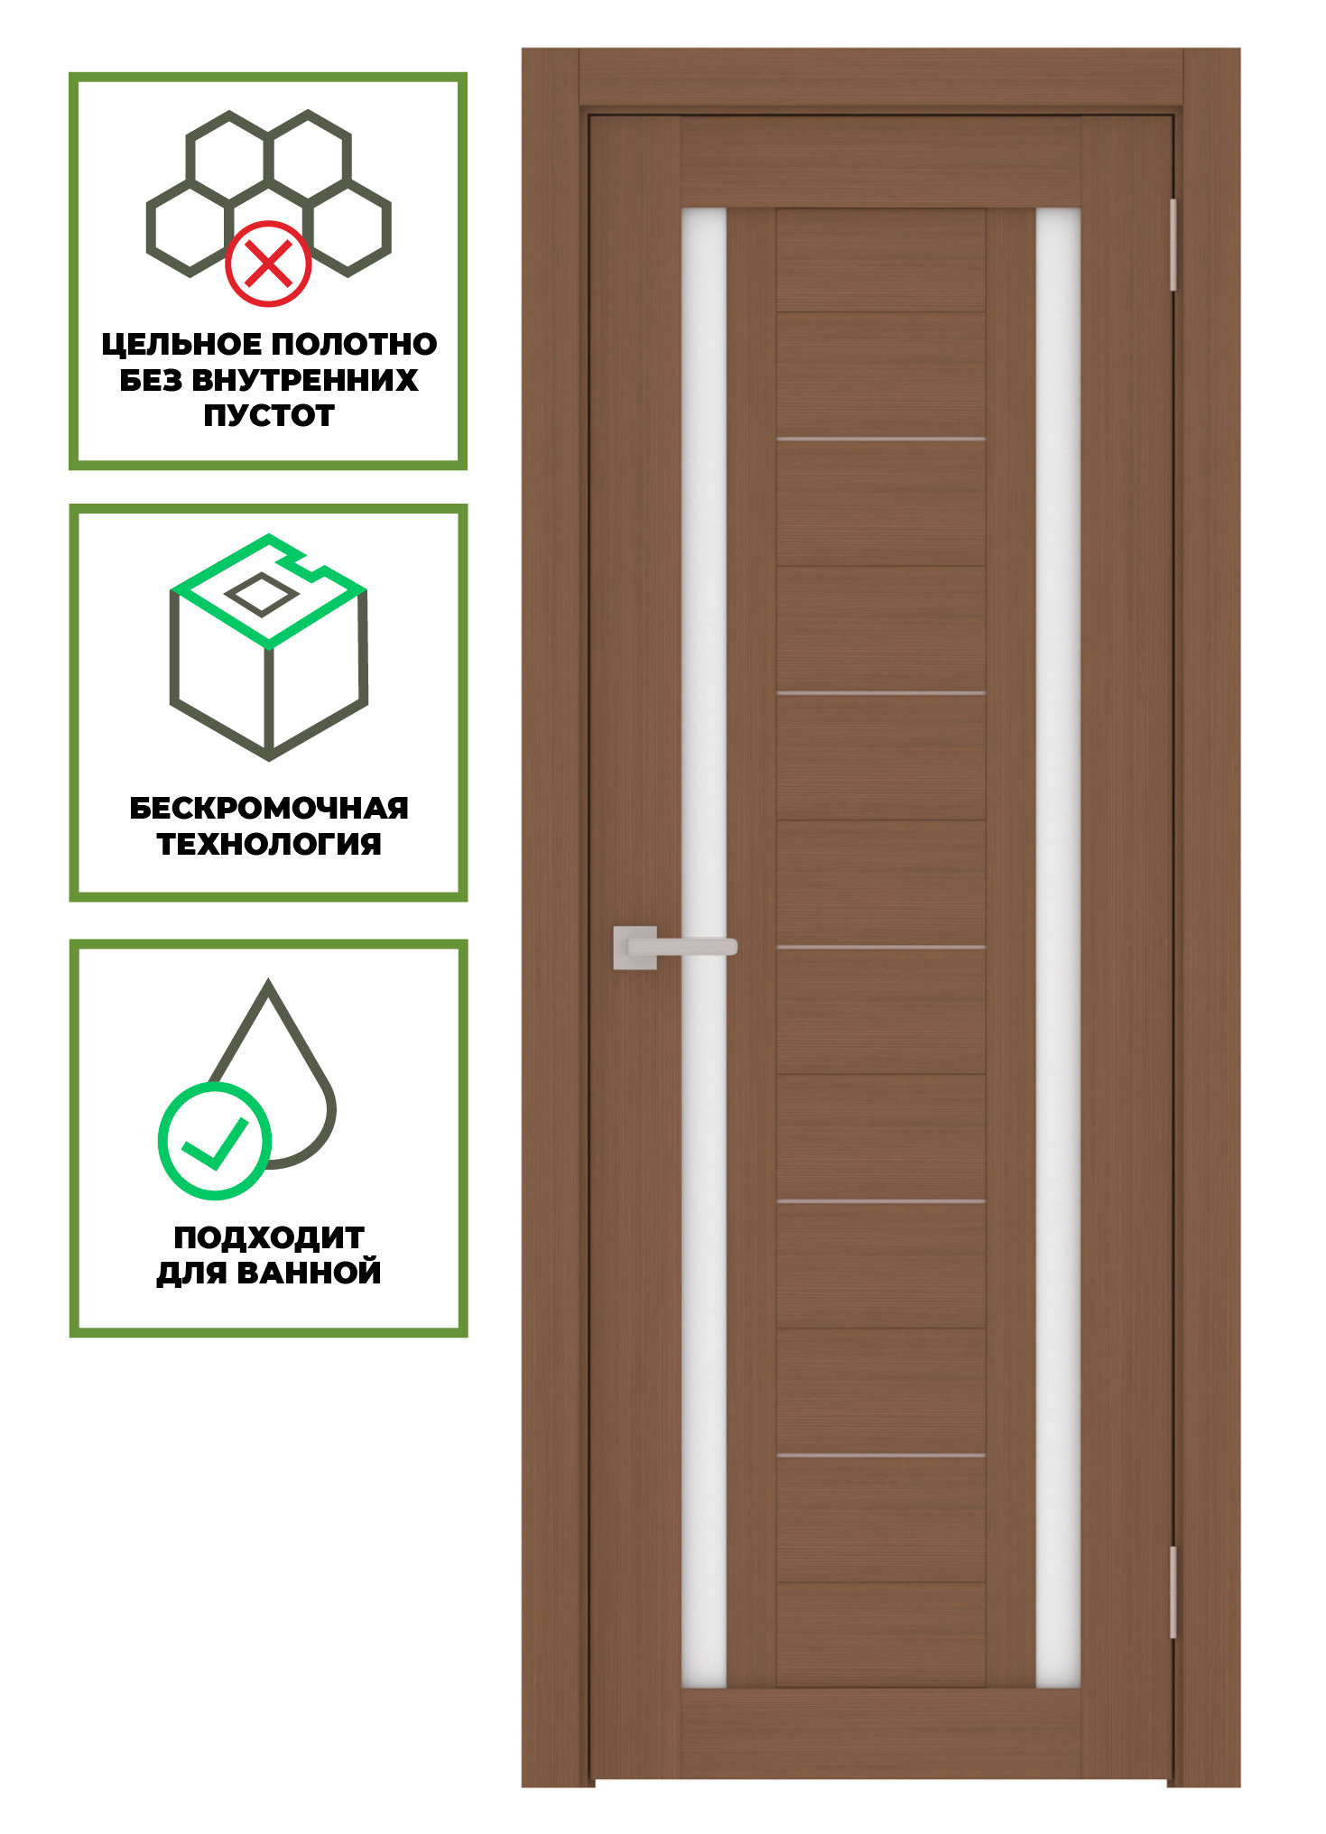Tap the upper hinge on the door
point(1173,245)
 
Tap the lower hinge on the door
point(1173,1592)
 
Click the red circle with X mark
point(268,264)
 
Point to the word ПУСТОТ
point(269,415)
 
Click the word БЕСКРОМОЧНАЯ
point(269,808)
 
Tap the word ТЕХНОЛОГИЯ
point(269,844)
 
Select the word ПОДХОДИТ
point(269,1237)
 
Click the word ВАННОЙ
point(309,1273)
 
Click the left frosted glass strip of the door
point(704,948)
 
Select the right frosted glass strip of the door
point(1059,948)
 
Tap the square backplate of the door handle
point(635,948)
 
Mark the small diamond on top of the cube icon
point(261,595)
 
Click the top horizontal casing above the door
point(881,77)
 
